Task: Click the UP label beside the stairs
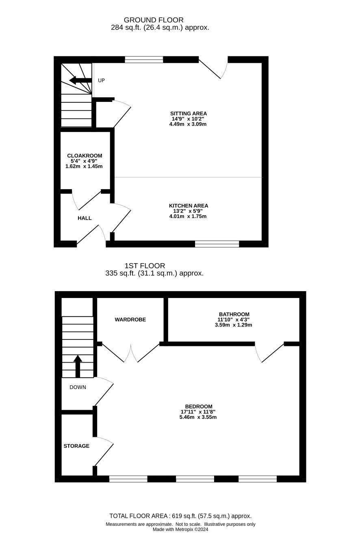point(101,80)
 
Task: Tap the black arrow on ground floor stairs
point(80,80)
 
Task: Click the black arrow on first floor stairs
point(78,366)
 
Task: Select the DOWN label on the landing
point(78,387)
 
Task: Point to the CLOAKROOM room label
point(85,156)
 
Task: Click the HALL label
point(85,218)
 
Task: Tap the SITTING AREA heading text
point(188,114)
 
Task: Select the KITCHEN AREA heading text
point(188,205)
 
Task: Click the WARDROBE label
point(130,320)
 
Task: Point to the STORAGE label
point(76,446)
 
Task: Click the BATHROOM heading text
point(234,314)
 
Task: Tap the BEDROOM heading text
point(199,406)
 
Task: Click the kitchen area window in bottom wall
point(217,244)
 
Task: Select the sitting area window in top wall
point(144,60)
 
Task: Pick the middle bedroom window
point(195,479)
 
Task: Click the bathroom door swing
point(269,353)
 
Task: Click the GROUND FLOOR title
point(154,20)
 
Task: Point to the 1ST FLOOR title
point(145,266)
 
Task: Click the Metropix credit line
point(180,529)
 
